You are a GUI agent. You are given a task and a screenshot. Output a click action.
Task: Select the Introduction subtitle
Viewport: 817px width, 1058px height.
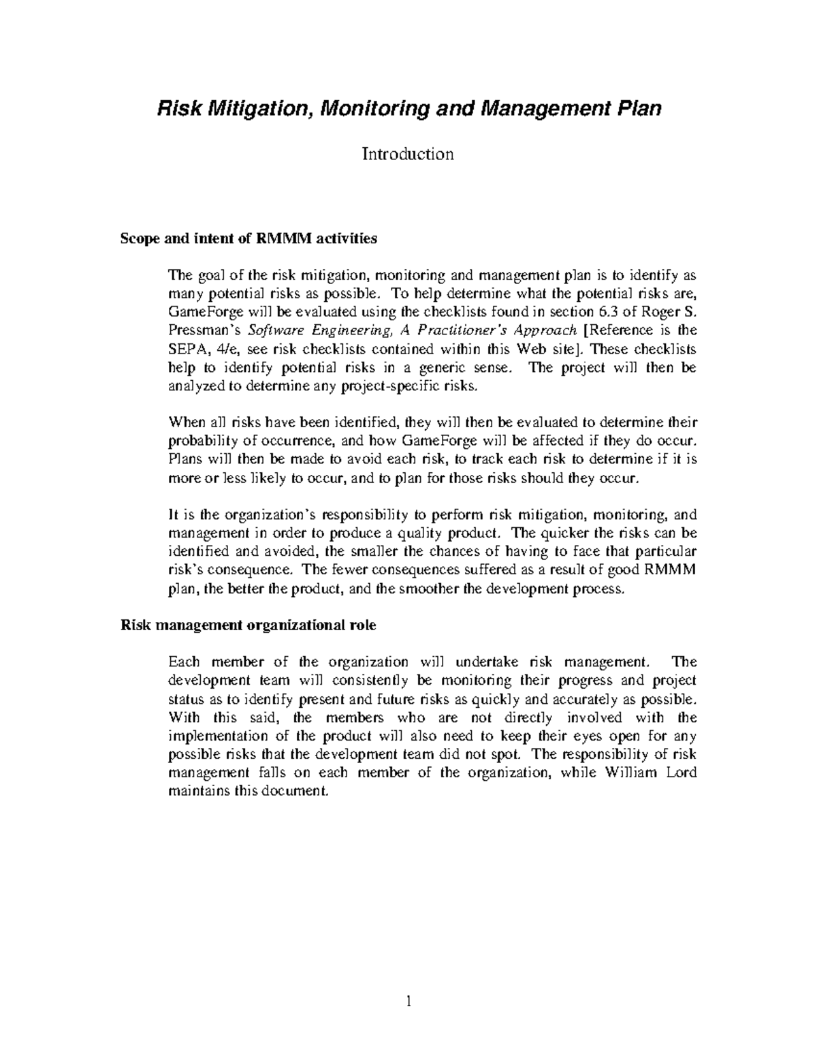click(x=408, y=154)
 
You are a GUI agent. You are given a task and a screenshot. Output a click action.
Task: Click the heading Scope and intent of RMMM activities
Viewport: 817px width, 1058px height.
click(x=248, y=239)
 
